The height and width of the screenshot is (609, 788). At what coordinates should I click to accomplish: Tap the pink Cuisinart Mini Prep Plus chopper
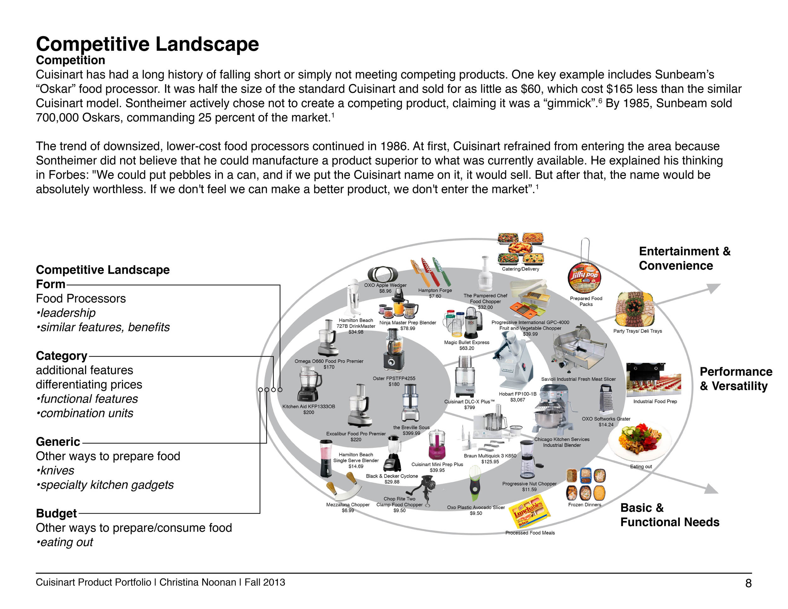pyautogui.click(x=437, y=444)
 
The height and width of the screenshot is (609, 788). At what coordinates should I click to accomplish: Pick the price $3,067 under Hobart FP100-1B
pyautogui.click(x=517, y=400)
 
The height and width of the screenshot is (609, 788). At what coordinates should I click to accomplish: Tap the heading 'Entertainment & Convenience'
pyautogui.click(x=684, y=258)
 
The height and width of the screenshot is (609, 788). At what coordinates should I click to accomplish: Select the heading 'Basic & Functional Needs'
pyautogui.click(x=669, y=515)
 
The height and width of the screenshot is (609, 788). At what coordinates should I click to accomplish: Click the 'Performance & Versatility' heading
pyautogui.click(x=736, y=379)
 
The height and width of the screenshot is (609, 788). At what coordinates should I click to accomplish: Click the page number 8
pyautogui.click(x=748, y=583)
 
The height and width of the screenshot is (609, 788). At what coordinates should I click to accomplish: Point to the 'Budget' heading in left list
pyautogui.click(x=56, y=513)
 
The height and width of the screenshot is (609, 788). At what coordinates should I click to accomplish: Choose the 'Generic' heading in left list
pyautogui.click(x=58, y=442)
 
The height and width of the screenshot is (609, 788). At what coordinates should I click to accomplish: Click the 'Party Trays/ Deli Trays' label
pyautogui.click(x=638, y=331)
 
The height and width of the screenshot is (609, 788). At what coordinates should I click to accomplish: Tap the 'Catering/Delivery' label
pyautogui.click(x=520, y=269)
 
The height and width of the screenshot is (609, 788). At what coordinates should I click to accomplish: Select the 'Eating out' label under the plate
pyautogui.click(x=641, y=467)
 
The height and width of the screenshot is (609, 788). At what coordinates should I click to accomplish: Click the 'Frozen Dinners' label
pyautogui.click(x=584, y=505)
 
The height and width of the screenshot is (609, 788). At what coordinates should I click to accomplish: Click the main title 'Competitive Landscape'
pyautogui.click(x=147, y=44)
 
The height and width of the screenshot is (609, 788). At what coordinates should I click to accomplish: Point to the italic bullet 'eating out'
pyautogui.click(x=67, y=542)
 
